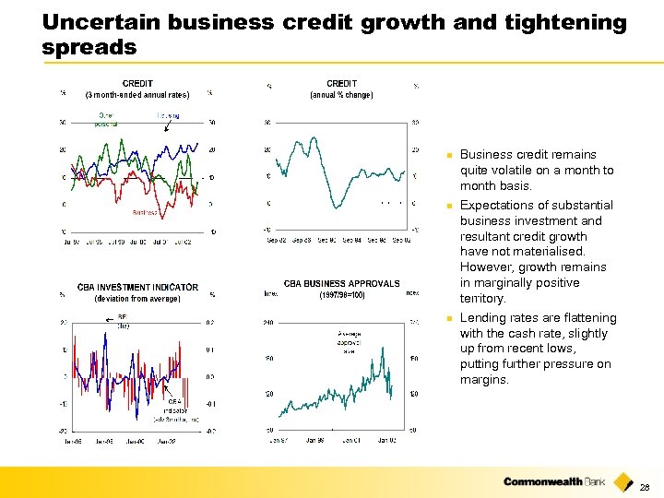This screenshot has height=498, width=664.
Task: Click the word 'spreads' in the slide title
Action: pyautogui.click(x=89, y=46)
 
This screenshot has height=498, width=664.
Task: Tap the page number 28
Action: pyautogui.click(x=645, y=487)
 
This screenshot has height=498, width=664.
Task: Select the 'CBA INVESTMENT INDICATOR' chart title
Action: pyautogui.click(x=137, y=287)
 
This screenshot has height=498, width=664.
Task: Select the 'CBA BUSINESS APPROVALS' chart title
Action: pyautogui.click(x=341, y=284)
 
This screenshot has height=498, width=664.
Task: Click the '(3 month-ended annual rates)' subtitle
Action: pyautogui.click(x=137, y=94)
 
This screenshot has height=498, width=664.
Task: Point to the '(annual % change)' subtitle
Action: pyautogui.click(x=341, y=94)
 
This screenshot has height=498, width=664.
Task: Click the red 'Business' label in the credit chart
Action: pyautogui.click(x=145, y=212)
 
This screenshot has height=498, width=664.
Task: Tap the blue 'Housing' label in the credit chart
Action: pyautogui.click(x=168, y=116)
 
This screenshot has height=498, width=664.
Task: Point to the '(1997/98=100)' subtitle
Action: pyautogui.click(x=341, y=295)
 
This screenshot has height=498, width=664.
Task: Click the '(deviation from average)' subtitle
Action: pyautogui.click(x=137, y=298)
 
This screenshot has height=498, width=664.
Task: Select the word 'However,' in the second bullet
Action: pyautogui.click(x=484, y=267)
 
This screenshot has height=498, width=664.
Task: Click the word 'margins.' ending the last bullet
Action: pyautogui.click(x=484, y=380)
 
